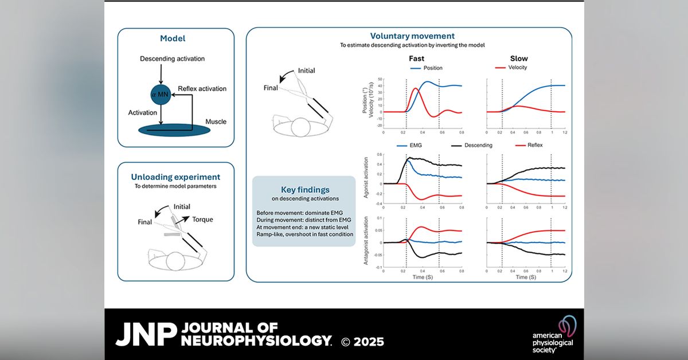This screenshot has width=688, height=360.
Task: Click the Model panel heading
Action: [176, 40]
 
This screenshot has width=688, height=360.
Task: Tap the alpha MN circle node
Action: [162, 92]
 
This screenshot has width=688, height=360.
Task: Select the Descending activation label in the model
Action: [172, 58]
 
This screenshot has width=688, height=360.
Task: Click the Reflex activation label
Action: [202, 89]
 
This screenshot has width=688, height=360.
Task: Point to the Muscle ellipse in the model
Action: [174, 129]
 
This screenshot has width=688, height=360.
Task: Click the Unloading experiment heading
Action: [176, 177]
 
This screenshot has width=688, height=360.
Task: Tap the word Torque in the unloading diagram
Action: [197, 218]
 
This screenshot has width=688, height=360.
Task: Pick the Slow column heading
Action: [519, 58]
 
